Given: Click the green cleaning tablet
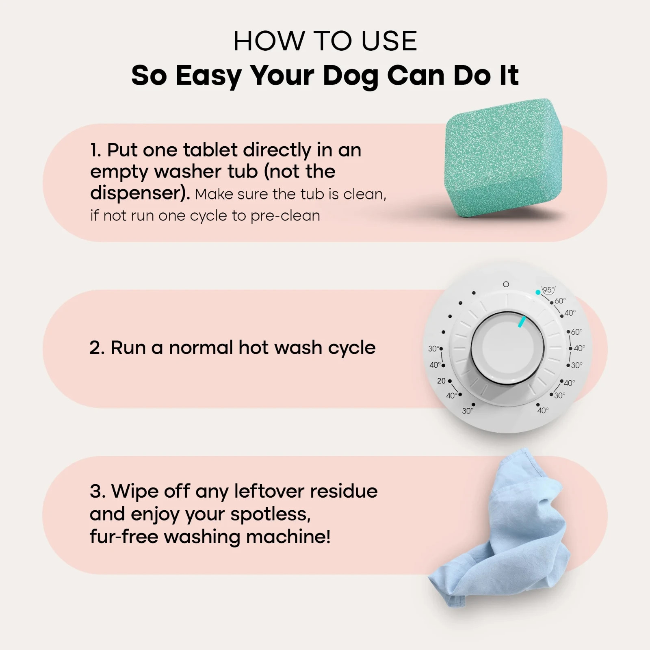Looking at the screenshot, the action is point(504,162).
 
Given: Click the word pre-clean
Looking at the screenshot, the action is point(285,216).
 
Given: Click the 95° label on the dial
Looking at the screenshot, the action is point(548,290).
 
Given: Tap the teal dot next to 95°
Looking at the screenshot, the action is point(538,292).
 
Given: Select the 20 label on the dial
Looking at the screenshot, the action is point(441,381).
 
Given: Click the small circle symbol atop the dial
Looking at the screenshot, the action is point(506,284).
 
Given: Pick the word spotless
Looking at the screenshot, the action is point(271,515).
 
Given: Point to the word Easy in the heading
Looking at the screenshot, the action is point(208,76).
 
